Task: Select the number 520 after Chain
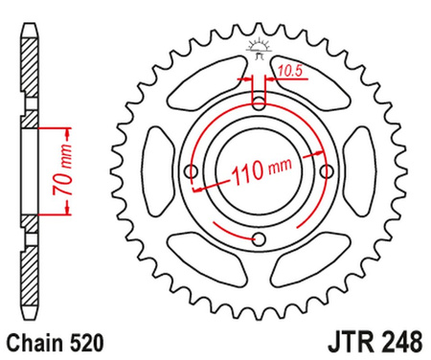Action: [80, 341]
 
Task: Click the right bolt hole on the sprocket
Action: [326, 170]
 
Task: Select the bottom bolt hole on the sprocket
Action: [259, 239]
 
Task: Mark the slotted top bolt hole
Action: [259, 100]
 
